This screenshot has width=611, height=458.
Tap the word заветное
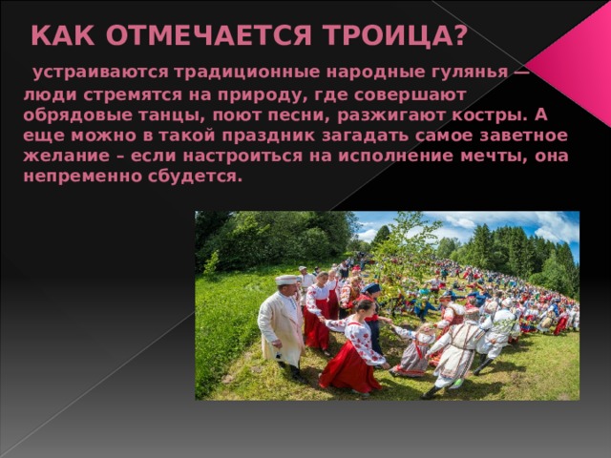click(x=507, y=135)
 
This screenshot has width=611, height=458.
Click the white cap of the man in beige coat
click(x=286, y=279)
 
